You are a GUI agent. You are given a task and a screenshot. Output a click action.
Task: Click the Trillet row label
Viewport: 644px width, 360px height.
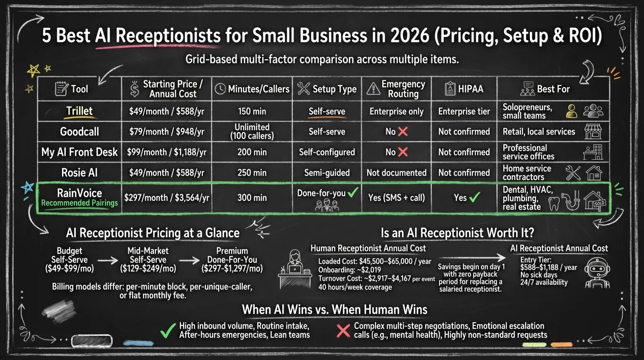[80, 111]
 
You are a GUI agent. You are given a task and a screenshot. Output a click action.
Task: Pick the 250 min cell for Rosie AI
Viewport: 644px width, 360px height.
[252, 173]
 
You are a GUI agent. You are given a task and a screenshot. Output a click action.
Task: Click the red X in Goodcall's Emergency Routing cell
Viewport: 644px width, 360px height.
[402, 132]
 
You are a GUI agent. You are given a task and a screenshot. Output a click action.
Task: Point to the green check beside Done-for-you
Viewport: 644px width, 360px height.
[352, 193]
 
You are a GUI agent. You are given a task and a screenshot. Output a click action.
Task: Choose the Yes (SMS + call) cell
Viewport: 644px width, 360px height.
[396, 198]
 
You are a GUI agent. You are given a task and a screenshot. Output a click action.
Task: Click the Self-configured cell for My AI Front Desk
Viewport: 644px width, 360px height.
[327, 152]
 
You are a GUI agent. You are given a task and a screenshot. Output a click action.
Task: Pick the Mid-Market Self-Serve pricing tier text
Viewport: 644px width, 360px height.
[148, 260]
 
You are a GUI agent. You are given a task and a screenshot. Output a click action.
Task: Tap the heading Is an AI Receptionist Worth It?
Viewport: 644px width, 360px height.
[457, 233]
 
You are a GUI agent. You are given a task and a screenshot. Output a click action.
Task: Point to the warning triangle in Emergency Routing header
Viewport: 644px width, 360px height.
[374, 89]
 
